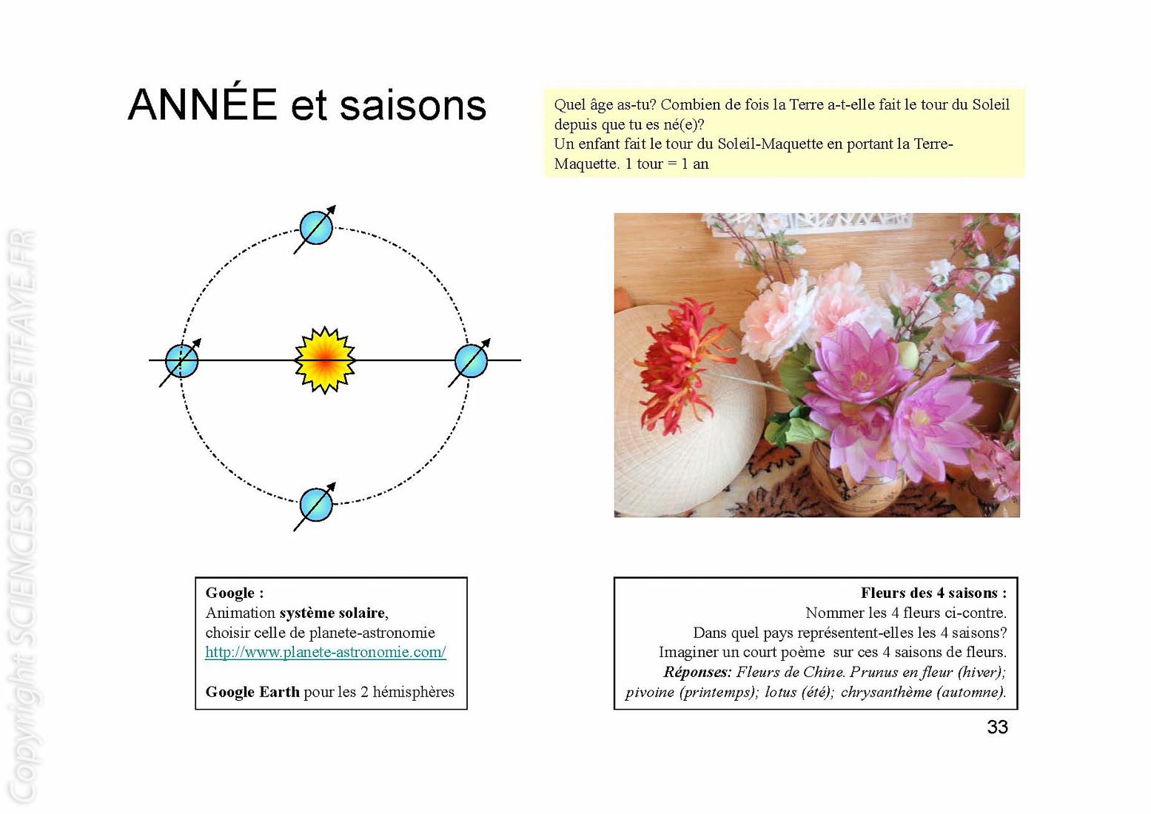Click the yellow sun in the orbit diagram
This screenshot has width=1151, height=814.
tap(325, 360)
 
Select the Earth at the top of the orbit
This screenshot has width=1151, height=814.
tap(316, 227)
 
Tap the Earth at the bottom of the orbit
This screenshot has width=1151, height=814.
tap(316, 505)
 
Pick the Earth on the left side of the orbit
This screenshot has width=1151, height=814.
tap(181, 361)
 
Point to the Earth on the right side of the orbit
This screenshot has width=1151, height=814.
tap(472, 361)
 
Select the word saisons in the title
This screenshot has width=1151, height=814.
tap(412, 107)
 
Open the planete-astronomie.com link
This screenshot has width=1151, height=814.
tap(325, 652)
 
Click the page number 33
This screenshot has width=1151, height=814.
tap(997, 727)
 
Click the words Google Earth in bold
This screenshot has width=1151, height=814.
tap(252, 693)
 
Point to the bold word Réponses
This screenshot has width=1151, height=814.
tap(697, 672)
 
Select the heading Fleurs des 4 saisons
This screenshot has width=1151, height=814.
tap(933, 593)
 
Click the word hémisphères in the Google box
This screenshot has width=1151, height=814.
tap(413, 693)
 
